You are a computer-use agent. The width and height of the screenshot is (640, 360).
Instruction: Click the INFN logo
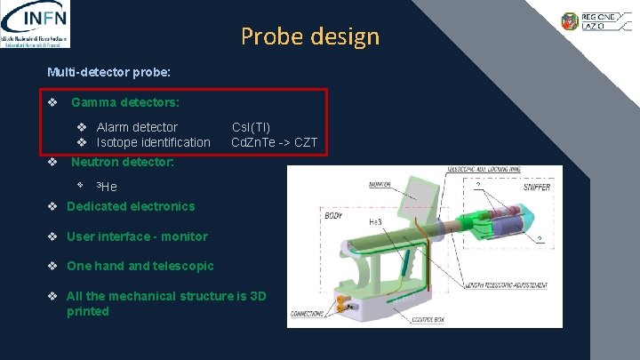36,24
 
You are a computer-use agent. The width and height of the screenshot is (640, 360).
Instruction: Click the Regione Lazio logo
594,21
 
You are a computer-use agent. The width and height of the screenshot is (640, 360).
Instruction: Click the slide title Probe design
309,36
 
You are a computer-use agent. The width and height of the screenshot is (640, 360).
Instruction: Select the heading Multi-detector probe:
108,70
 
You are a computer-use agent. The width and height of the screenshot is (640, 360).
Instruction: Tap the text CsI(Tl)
251,127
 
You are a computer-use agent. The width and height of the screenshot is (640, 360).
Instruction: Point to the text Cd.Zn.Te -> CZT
274,142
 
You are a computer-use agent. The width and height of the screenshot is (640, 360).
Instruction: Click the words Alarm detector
137,127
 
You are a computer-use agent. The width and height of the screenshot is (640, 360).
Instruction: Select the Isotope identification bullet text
153,142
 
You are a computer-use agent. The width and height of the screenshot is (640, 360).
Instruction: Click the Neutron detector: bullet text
122,163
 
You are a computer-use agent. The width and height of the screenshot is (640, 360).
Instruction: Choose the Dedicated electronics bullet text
130,206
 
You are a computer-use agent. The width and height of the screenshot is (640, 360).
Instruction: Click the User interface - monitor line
137,236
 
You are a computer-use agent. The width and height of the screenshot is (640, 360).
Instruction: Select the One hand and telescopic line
140,266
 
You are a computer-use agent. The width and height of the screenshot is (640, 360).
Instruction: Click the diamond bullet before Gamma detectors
53,103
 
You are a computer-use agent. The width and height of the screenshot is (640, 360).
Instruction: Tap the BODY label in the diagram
333,216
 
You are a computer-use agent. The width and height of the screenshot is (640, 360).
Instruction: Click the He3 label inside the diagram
376,222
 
